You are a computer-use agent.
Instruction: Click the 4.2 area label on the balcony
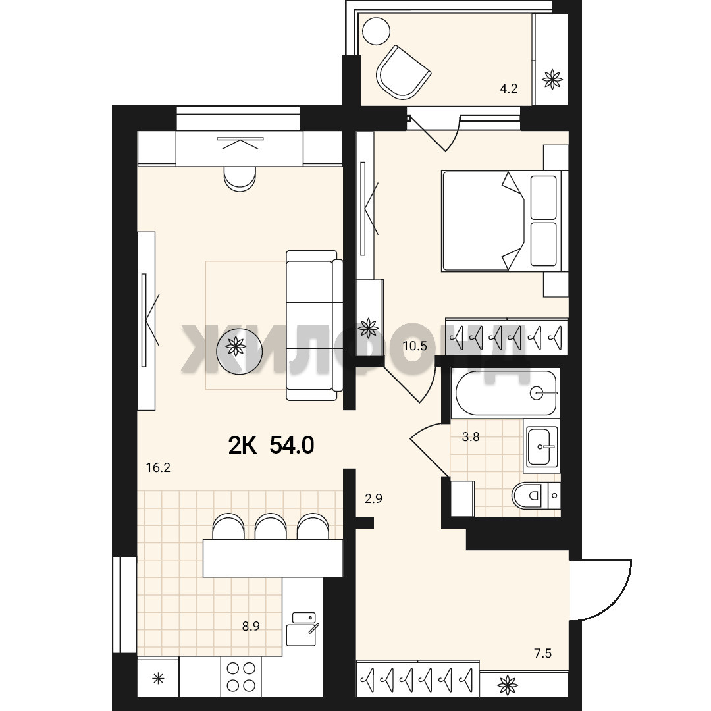coord(508,88)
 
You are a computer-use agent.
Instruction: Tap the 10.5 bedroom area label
coord(415,346)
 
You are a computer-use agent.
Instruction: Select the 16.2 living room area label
coord(158,467)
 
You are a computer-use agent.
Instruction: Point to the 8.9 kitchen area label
coord(251,626)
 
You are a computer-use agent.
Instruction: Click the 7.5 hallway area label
coord(542,653)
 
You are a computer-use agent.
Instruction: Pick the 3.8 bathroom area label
coord(471,436)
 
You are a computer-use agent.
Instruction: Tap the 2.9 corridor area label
coord(374,498)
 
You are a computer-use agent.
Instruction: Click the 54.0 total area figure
coord(292,445)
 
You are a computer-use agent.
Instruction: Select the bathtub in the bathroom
coord(506,392)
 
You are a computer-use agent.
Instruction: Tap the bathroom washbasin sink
coord(541,446)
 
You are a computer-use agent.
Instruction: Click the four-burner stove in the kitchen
coord(241,676)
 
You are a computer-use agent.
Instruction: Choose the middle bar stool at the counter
coord(271,526)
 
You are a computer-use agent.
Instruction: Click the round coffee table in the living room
coord(239,348)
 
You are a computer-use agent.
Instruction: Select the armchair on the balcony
coord(402,72)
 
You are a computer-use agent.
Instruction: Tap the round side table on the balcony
coord(377,31)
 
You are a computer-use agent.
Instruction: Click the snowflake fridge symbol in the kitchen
coord(158,679)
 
